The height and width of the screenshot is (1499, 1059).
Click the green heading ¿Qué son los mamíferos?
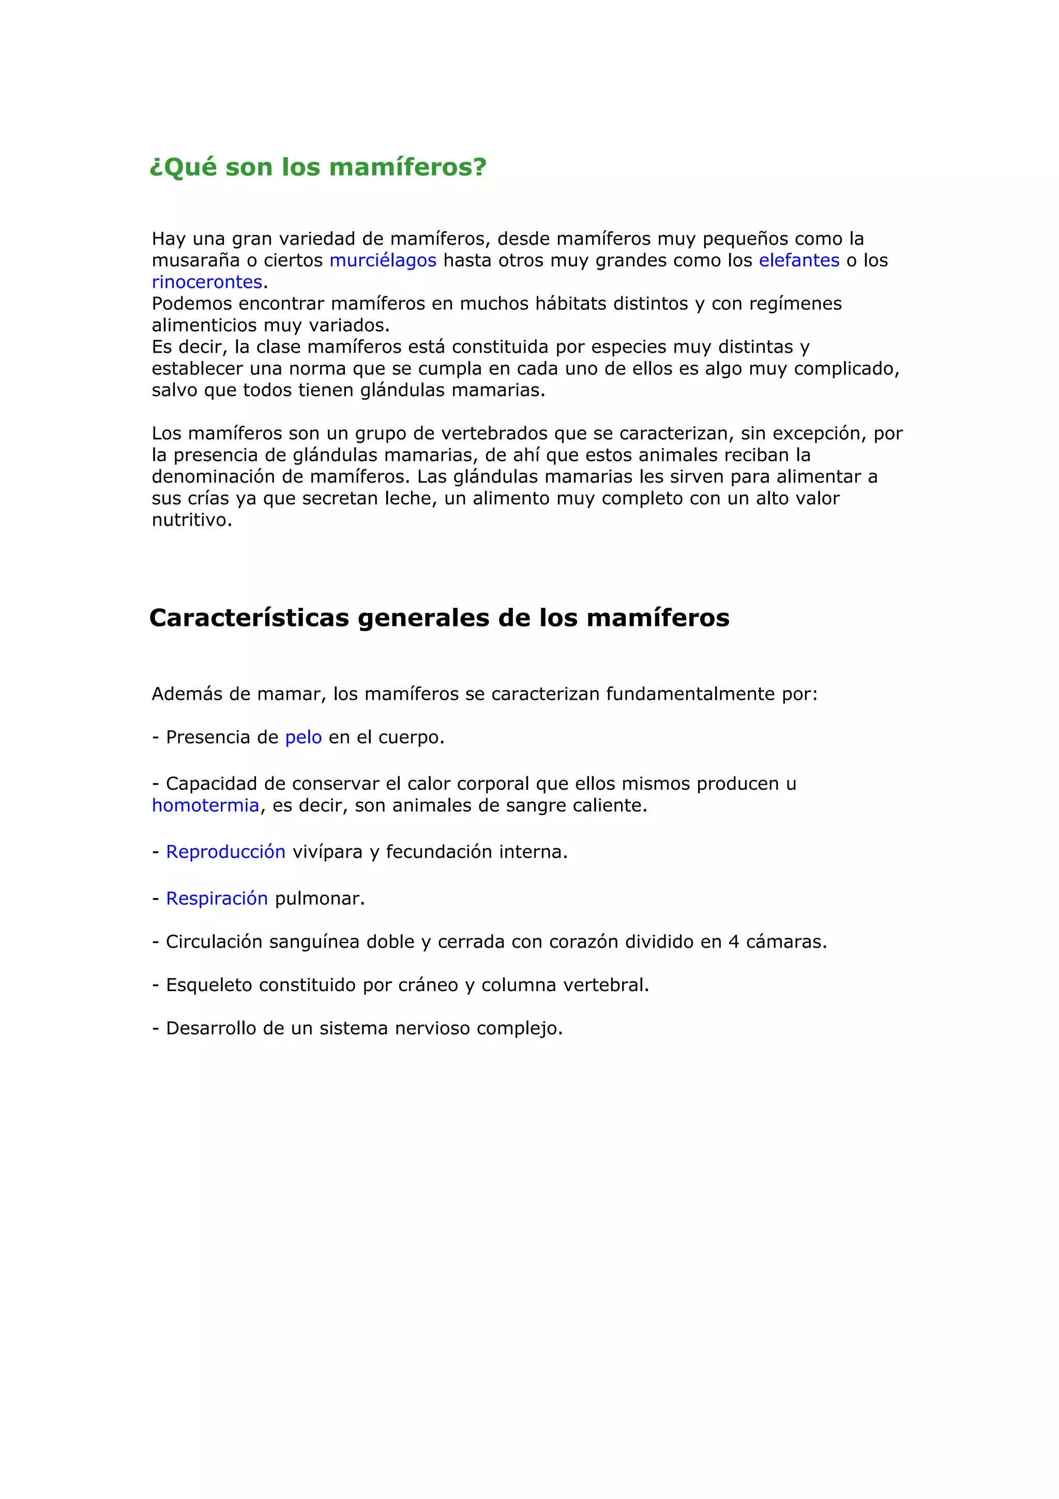point(318,167)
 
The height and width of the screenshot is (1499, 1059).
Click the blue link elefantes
point(799,261)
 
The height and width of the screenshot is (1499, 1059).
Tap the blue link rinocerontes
point(207,282)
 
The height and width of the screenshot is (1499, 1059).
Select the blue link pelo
point(304,738)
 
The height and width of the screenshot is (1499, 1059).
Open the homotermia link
point(205,806)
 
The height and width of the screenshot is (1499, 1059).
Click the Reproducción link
point(226,852)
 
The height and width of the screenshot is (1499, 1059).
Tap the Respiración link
point(217,899)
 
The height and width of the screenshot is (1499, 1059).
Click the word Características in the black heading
point(249,618)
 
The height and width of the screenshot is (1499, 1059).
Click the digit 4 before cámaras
point(733,942)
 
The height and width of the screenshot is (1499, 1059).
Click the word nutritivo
point(192,520)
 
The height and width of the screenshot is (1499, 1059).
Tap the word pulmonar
point(319,899)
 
